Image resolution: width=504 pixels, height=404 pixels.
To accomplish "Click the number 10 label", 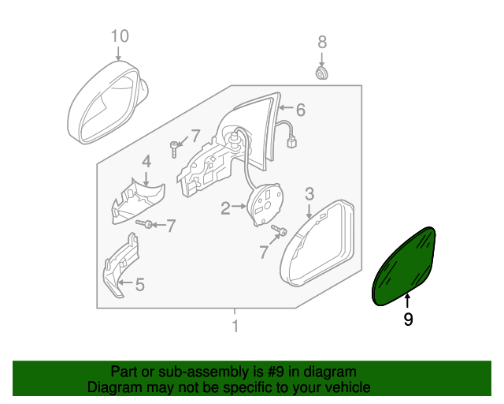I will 118,36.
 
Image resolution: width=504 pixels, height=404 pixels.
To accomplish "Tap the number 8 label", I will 321,42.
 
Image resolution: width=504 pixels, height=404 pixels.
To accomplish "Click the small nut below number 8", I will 321,73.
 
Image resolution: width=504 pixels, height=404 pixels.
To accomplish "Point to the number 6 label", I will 300,110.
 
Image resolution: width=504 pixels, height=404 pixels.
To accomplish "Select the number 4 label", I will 146,162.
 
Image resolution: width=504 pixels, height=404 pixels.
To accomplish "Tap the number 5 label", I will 139,284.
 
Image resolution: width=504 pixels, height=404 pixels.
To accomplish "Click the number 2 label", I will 224,208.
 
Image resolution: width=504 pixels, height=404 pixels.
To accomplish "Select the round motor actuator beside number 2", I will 266,203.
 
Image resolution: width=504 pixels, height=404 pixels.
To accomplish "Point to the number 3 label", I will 309,193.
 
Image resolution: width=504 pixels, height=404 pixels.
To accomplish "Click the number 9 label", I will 408,320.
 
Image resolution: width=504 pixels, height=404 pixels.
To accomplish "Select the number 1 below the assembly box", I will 234,326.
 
